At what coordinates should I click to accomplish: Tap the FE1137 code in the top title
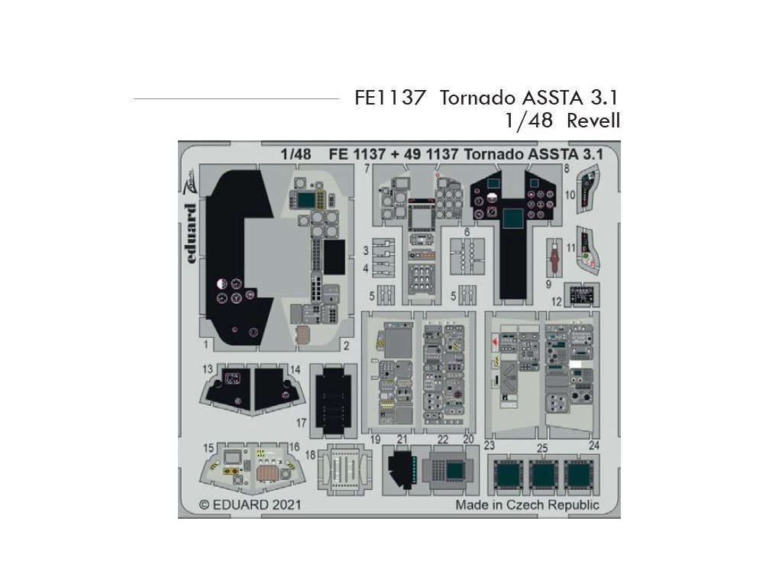[x=389, y=98]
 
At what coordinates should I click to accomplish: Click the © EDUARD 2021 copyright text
[x=250, y=505]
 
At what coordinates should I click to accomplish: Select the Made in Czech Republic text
[x=528, y=505]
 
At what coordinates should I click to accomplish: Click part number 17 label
[x=302, y=421]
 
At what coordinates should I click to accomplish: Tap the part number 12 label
[x=557, y=301]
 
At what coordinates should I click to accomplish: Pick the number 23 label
[x=490, y=445]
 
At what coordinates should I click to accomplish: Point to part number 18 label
[x=310, y=455]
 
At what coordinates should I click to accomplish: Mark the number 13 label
[x=208, y=369]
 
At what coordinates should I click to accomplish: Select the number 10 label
[x=570, y=195]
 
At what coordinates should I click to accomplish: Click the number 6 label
[x=467, y=232]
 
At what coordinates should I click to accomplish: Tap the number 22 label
[x=443, y=439]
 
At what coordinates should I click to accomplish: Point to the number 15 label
[x=208, y=447]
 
